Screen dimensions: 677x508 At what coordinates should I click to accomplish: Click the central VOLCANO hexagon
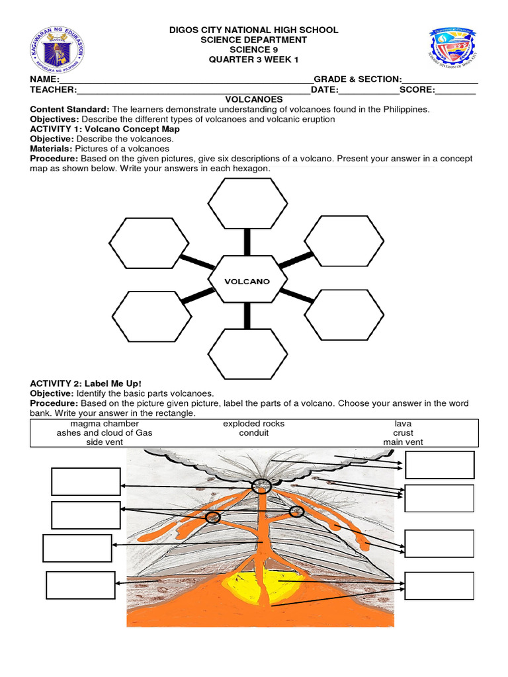click(x=247, y=281)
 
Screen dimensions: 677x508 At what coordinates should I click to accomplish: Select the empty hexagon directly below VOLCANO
click(x=247, y=354)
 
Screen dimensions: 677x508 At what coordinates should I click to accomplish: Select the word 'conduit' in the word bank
click(x=254, y=433)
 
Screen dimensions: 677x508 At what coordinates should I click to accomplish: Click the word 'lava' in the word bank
click(x=403, y=424)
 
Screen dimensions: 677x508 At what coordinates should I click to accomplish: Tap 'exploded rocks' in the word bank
click(x=254, y=424)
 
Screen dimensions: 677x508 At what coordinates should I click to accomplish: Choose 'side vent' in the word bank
click(x=105, y=442)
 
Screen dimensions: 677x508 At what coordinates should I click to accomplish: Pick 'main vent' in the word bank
click(x=403, y=442)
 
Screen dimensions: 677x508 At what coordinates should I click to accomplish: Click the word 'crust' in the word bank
click(x=403, y=433)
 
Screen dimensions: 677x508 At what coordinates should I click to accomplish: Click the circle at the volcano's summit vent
click(x=261, y=487)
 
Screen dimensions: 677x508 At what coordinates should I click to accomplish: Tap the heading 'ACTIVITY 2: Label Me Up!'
click(x=86, y=383)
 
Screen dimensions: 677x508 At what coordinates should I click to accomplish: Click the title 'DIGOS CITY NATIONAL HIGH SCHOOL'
click(x=254, y=30)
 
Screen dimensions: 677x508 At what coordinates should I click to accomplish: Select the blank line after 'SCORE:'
click(x=456, y=90)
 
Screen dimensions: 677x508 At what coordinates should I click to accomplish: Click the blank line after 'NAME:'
click(x=185, y=80)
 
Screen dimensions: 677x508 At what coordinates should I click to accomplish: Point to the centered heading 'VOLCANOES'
click(x=254, y=100)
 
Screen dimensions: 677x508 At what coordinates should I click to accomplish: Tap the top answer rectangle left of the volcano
click(x=86, y=481)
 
